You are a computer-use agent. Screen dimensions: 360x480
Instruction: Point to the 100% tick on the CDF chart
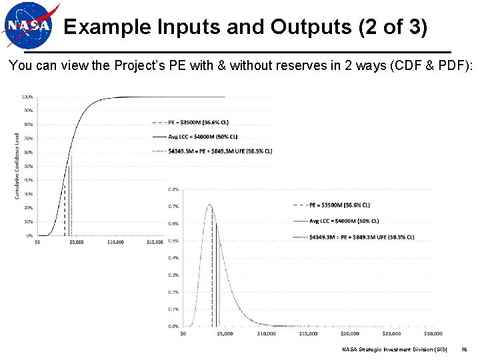29,97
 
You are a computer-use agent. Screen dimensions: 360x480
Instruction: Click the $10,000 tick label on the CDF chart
115,243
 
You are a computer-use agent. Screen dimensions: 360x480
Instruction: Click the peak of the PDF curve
210,205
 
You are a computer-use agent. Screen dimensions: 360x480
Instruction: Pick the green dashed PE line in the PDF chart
213,280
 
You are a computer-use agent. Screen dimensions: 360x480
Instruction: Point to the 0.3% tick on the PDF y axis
173,275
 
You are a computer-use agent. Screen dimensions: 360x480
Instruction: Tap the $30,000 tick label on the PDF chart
433,333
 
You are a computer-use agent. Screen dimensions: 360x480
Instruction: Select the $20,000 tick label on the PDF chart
349,333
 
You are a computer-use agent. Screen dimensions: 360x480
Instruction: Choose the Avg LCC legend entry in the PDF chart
344,221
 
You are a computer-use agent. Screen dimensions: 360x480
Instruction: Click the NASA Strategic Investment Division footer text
395,349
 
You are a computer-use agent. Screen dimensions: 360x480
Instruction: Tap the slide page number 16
464,349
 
